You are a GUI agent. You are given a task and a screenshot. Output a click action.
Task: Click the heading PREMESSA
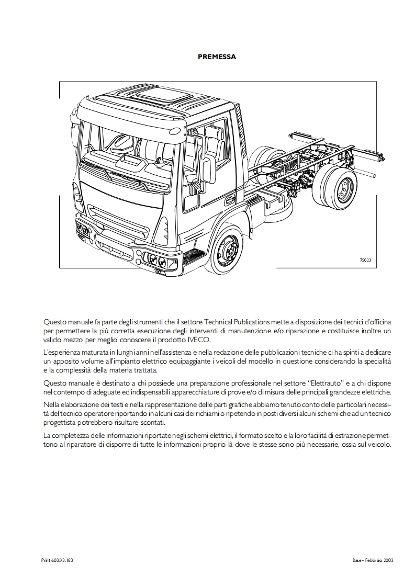pyautogui.click(x=217, y=57)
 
